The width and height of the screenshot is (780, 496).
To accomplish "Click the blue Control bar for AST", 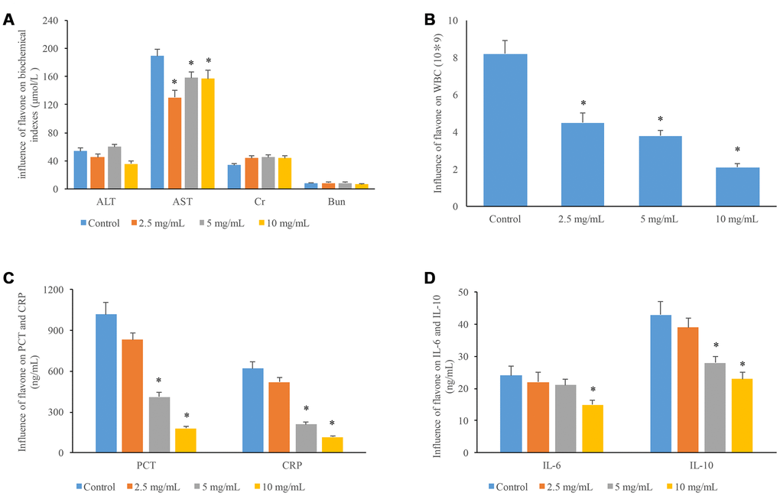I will click(158, 122).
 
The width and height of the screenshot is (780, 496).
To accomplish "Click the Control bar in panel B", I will click(505, 130).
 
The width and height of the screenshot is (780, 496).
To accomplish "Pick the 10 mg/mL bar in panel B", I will click(738, 186).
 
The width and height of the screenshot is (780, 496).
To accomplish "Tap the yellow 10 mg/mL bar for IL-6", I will click(593, 429).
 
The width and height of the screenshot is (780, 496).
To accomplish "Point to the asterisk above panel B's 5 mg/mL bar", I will click(660, 120).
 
